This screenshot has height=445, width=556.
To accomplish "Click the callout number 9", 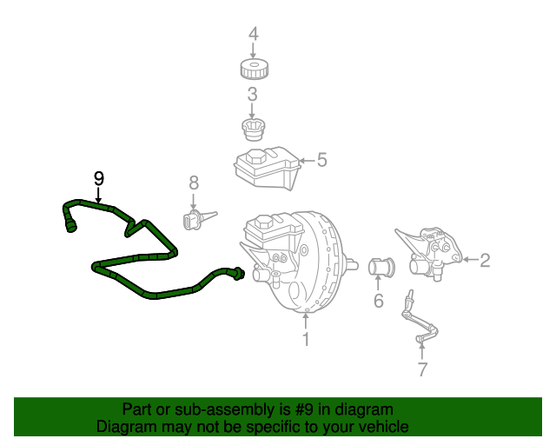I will pos(98,178).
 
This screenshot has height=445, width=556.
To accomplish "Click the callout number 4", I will pos(254,35).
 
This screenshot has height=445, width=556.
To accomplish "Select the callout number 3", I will pos(252,95).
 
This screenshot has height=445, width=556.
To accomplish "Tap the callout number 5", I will pos(321,160).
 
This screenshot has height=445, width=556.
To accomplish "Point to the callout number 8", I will pos(194,183).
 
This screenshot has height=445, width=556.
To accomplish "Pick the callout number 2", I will pos(485,259).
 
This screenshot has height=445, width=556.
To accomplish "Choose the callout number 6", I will pos(378,301).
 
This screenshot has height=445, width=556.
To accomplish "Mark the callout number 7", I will pos(422,369).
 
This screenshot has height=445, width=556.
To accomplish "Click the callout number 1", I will pos(306,339).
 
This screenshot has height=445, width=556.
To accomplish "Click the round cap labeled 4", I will pos(254,69).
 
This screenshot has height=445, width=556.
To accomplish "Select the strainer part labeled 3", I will pos(252,130).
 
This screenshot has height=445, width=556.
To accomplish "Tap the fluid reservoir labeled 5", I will pos(263,168).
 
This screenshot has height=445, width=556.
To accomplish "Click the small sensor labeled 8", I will pos(195,220).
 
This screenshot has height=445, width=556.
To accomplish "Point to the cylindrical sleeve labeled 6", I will pos(381,266).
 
